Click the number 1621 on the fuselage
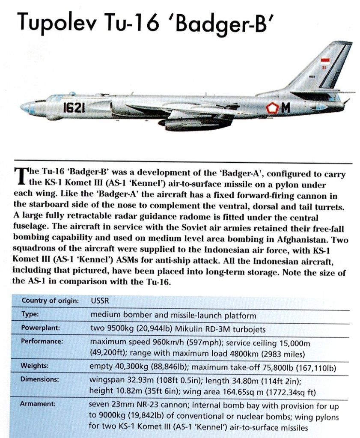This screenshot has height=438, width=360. pos(74,107)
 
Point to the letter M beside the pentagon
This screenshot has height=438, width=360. pos(286,109)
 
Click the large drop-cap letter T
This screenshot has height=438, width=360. pos(20,176)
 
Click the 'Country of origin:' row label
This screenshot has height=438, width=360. pos(50,301)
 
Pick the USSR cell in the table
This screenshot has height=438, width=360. pos(99,301)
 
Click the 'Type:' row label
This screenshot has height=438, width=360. pos(30,314)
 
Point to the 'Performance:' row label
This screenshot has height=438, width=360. pos(42,342)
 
